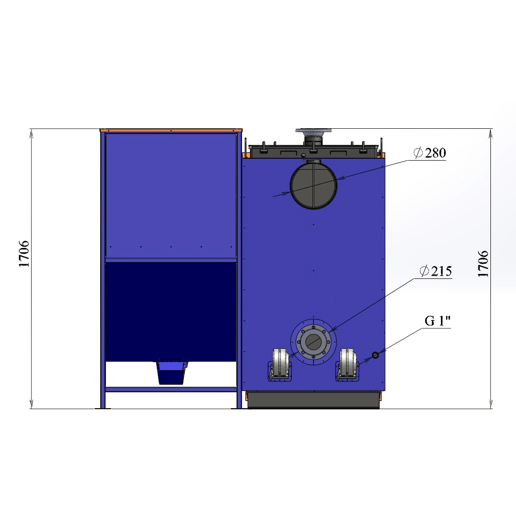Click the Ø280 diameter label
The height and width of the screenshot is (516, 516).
pyautogui.click(x=430, y=153)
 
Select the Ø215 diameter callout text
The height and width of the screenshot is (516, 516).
pyautogui.click(x=435, y=271)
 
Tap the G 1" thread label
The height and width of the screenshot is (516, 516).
pyautogui.click(x=437, y=321)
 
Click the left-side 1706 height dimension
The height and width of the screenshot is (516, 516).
pyautogui.click(x=24, y=253)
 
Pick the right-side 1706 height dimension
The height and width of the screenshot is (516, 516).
pyautogui.click(x=483, y=263)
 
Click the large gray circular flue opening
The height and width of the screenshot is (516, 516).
pyautogui.click(x=313, y=186)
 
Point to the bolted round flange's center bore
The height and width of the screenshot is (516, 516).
pyautogui.click(x=313, y=342)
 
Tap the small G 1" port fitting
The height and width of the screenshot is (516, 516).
pyautogui.click(x=375, y=355)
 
